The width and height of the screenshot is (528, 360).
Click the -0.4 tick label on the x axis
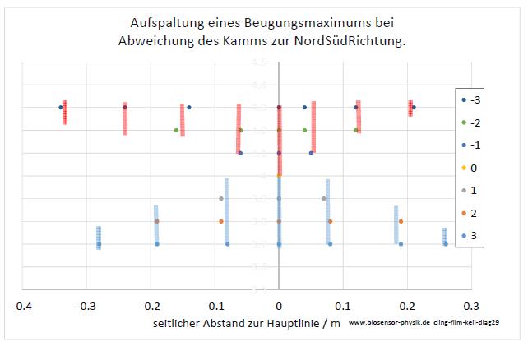22,305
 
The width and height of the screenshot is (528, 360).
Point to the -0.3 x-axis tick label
86,305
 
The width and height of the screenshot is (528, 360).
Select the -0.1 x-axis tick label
215,305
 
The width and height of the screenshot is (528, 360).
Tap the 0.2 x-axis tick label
406,305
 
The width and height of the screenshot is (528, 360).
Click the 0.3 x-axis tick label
470,305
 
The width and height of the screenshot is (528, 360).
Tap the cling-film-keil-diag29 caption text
477,325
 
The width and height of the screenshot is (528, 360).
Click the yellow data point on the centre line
280,175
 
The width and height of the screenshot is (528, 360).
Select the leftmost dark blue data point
61,107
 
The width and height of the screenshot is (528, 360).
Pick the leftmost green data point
176,130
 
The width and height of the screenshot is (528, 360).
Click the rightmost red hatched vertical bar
410,108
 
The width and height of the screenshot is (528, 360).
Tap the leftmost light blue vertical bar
99,238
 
